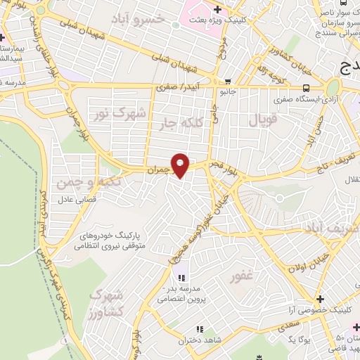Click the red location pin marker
[x=181, y=165]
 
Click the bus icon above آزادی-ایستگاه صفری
[x=306, y=88]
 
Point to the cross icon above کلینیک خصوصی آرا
[x=320, y=299]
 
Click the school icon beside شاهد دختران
[x=200, y=329]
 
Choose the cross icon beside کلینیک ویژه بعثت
[x=217, y=10]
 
